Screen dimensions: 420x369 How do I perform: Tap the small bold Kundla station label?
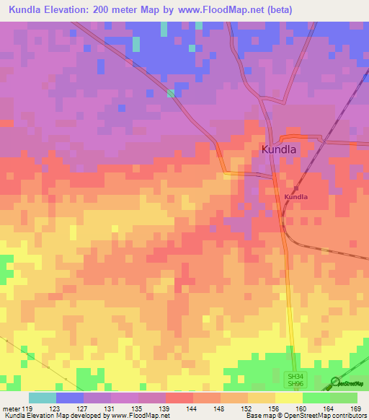click(295, 196)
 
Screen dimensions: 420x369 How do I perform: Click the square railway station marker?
click(295, 188)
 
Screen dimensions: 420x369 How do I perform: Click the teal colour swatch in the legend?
click(43, 398)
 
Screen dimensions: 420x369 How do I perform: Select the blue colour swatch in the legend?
click(70, 398)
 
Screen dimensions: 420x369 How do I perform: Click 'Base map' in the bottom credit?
click(258, 416)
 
